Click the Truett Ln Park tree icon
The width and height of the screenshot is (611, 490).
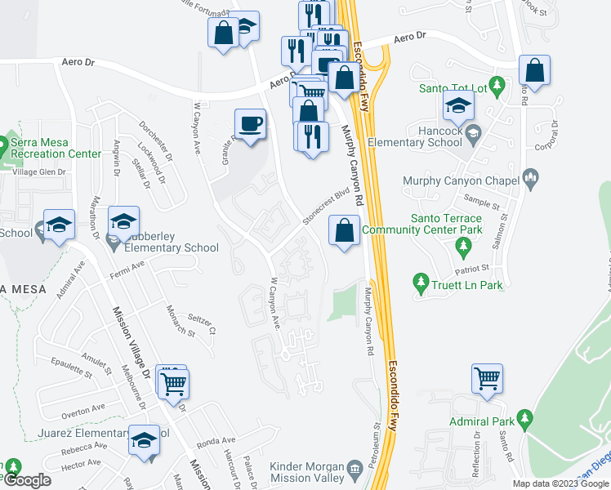pyautogui.click(x=421, y=283)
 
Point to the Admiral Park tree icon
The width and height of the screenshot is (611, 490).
pyautogui.click(x=526, y=421)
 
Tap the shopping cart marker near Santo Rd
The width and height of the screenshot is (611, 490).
pyautogui.click(x=487, y=379)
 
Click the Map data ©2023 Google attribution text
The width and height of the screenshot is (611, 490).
pyautogui.click(x=560, y=483)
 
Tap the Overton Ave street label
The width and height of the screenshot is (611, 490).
pyautogui.click(x=83, y=408)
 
